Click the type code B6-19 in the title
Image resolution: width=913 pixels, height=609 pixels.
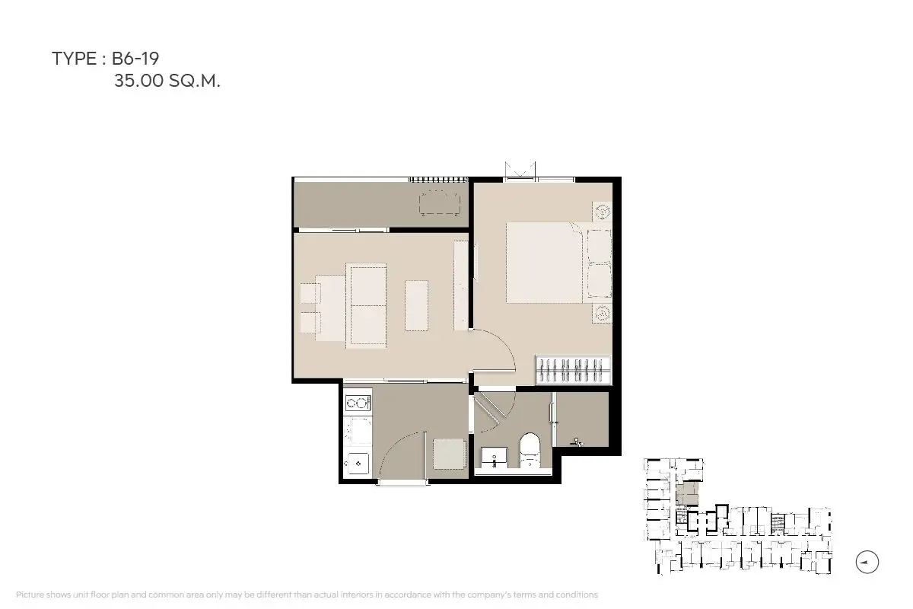click(x=135, y=59)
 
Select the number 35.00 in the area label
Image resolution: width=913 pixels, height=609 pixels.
click(x=138, y=81)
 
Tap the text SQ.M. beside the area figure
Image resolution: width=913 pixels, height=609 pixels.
click(x=195, y=81)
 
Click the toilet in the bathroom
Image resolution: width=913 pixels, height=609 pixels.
click(x=530, y=451)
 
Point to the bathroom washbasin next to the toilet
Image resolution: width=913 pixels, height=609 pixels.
click(x=494, y=458)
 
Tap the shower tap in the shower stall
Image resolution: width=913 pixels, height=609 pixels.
click(x=577, y=442)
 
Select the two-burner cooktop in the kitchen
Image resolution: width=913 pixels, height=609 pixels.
click(x=358, y=403)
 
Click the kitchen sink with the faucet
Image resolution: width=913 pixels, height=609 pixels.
click(x=358, y=464)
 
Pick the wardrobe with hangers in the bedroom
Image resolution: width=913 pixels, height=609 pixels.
click(x=574, y=370)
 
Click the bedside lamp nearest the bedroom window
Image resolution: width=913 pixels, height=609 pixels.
click(x=602, y=212)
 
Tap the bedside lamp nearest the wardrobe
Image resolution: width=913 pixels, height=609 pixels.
click(x=602, y=314)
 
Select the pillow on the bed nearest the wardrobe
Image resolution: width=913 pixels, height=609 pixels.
click(x=600, y=281)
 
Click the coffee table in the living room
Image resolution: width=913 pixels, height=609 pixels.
click(x=417, y=305)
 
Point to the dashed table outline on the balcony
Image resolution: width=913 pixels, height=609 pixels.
click(x=440, y=203)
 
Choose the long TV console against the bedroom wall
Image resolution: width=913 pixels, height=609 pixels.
click(x=461, y=285)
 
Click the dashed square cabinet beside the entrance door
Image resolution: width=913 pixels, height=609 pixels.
click(x=449, y=454)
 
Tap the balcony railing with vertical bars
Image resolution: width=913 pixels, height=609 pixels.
click(x=438, y=180)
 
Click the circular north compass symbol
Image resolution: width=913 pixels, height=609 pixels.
click(x=867, y=562)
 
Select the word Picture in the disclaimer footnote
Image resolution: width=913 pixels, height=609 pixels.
click(x=30, y=595)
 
